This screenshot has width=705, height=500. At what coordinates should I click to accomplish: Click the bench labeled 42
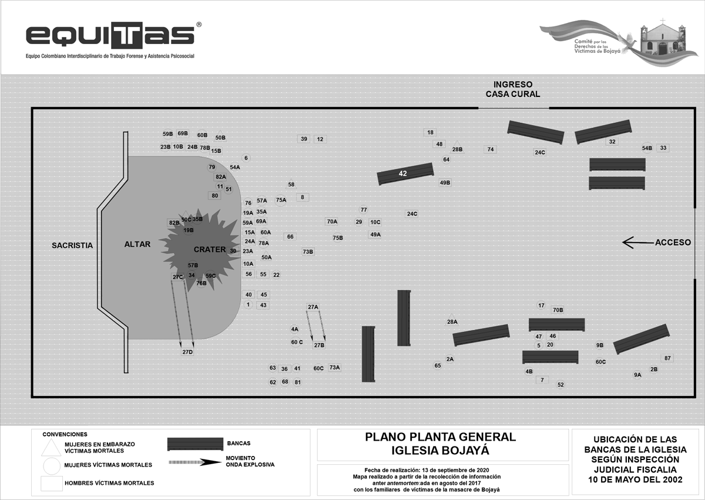[405, 173]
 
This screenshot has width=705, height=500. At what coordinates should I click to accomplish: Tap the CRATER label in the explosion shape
[209, 249]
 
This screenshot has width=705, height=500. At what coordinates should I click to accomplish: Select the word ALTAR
[137, 244]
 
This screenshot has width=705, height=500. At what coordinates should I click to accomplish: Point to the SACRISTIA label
[72, 245]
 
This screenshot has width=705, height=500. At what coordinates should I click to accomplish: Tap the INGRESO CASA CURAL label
[513, 89]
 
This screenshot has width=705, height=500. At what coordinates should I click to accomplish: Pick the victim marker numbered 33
[663, 148]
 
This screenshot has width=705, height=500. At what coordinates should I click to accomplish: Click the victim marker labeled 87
[667, 358]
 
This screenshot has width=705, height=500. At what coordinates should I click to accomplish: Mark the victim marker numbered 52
[560, 385]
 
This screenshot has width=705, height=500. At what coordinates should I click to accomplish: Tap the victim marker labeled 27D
[187, 352]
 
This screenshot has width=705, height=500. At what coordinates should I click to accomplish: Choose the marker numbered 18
[431, 133]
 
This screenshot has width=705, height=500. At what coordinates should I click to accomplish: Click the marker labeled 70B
[558, 310]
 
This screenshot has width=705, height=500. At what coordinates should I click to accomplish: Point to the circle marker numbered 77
[364, 210]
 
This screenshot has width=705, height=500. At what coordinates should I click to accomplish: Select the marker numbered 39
[304, 139]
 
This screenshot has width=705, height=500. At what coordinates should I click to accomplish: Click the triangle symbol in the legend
[51, 448]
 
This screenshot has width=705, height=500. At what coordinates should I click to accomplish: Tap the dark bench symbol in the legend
[194, 444]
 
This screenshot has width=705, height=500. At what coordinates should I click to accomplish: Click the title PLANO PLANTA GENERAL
[440, 437]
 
